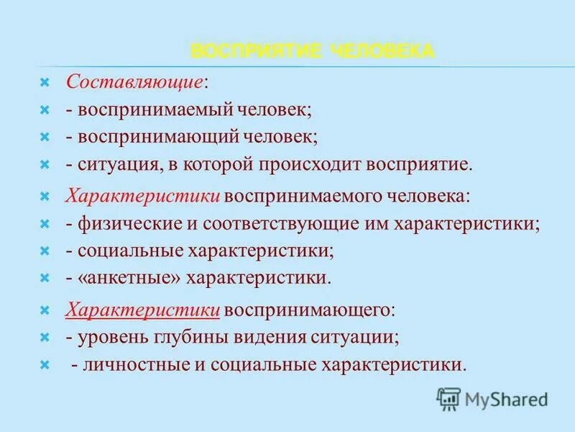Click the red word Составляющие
click(x=134, y=82)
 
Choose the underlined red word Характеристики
click(x=142, y=310)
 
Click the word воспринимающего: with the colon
click(x=310, y=310)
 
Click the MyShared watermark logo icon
click(x=448, y=399)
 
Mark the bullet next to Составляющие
click(x=44, y=83)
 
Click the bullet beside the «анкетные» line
click(x=44, y=277)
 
